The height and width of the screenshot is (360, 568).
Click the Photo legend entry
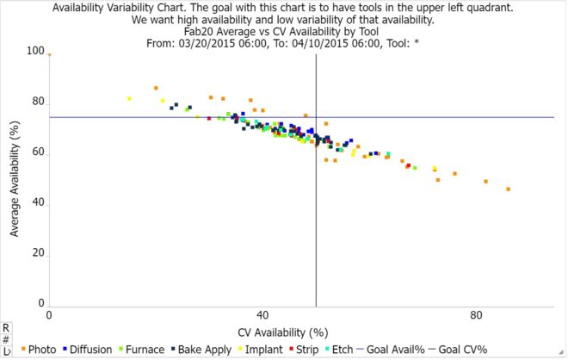click(40, 350)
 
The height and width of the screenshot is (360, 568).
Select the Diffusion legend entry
click(90, 350)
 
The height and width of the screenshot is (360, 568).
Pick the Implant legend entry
click(264, 350)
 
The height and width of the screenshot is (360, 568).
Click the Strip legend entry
click(306, 350)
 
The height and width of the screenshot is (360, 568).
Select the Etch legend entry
click(343, 350)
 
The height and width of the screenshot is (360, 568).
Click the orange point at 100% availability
click(49, 53)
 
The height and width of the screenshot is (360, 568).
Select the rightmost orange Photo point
click(509, 189)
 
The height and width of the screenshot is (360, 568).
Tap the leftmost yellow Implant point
click(129, 98)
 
